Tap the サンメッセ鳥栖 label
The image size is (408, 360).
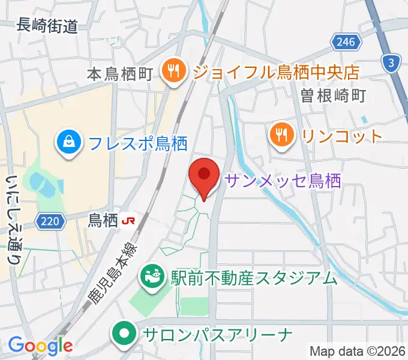[283, 180]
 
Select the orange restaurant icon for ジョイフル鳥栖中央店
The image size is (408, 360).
[172, 73]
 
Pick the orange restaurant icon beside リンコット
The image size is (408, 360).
[281, 136]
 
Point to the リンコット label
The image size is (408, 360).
[342, 136]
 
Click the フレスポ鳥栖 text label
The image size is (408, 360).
[137, 143]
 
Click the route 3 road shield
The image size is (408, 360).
[392, 63]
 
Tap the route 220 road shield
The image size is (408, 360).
[50, 222]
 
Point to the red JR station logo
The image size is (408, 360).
[128, 221]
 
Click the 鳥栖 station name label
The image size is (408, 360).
[103, 221]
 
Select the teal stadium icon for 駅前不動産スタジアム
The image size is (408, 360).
[150, 277]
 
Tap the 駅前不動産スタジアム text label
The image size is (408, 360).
[254, 278]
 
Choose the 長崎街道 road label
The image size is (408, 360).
[48, 25]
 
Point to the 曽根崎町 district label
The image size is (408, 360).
[334, 95]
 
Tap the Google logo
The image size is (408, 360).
[40, 345]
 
